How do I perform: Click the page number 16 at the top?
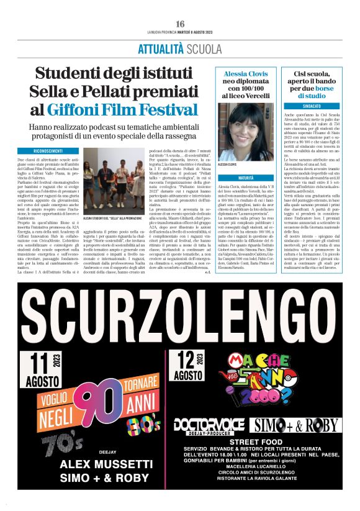(x=180, y=23)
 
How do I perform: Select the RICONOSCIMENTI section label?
(x=48, y=151)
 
